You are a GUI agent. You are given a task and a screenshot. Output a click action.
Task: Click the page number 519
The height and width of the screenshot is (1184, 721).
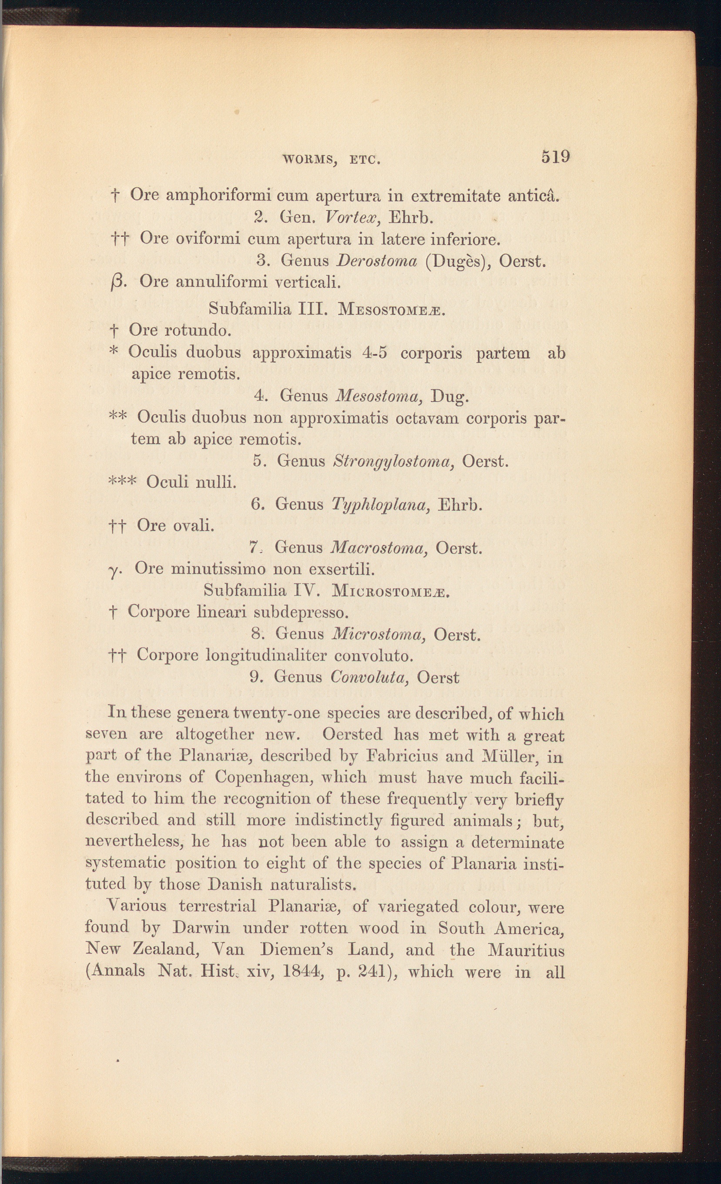tap(555, 157)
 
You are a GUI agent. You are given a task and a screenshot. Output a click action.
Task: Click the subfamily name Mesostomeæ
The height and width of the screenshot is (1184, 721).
tap(392, 309)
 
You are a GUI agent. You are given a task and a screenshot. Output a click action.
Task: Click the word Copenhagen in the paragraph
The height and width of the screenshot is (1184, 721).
tap(264, 777)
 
